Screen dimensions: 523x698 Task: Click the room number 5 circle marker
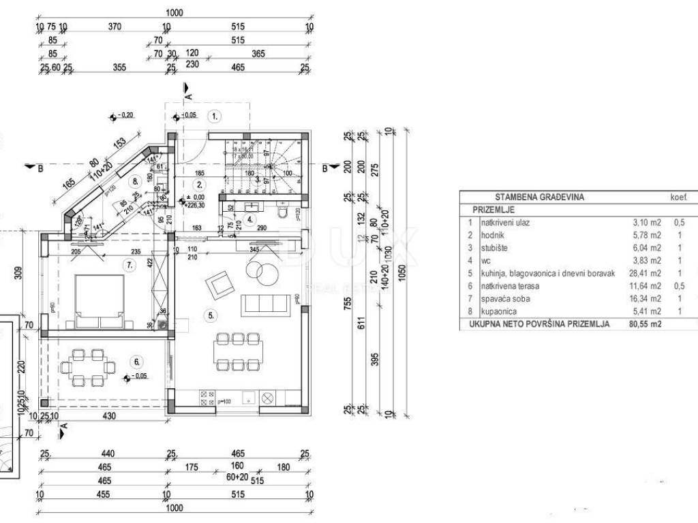point(212,316)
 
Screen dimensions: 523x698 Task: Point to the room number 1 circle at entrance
point(215,116)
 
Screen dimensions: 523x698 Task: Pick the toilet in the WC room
point(284,215)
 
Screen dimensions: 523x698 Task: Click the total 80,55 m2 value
point(646,325)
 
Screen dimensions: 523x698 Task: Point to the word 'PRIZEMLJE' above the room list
point(494,210)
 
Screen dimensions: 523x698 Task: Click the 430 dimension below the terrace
point(108,416)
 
